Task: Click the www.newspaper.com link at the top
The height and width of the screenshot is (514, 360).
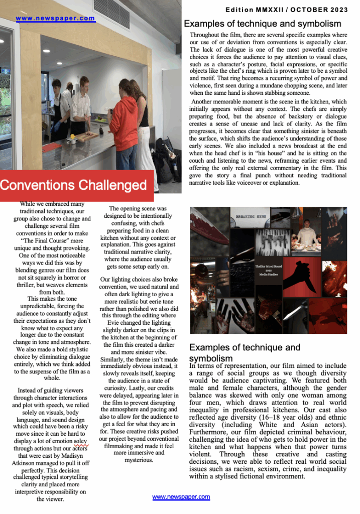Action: tap(55, 19)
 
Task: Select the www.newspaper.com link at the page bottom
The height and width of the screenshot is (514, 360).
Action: tap(181, 497)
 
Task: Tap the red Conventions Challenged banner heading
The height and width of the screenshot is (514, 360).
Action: tap(73, 185)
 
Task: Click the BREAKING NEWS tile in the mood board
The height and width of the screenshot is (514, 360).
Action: tap(251, 217)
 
